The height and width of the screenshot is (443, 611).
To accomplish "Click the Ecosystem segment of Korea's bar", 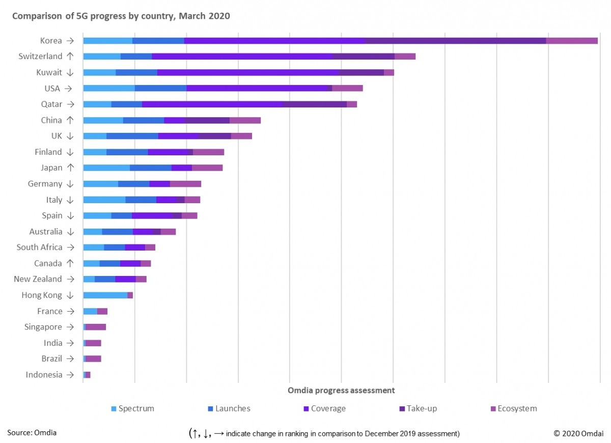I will coord(572,41).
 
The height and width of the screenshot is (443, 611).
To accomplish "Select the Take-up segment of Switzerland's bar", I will coord(364,57).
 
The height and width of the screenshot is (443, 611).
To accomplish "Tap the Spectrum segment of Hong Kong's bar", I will coord(105,295).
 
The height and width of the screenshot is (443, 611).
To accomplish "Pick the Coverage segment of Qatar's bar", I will coord(212,104).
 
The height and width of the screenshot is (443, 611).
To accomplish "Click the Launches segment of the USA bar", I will coord(161,89).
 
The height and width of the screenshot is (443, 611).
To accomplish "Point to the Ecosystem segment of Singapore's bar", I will coord(96,327).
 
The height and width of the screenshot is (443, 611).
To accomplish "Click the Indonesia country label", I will coord(44,375).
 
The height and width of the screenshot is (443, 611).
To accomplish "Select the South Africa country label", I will coord(39,247).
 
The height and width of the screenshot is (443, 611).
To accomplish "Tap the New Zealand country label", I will coord(38,279).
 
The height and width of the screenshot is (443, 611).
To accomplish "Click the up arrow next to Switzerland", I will coord(70,57).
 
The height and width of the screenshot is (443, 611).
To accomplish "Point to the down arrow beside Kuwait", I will coord(70,72).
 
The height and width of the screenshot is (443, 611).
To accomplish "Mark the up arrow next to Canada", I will coord(70,263).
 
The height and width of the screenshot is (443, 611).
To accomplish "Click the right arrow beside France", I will coord(71,311).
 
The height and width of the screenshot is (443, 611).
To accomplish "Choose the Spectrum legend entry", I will coord(132,408).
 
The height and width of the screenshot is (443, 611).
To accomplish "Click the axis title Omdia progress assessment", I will coord(341,391).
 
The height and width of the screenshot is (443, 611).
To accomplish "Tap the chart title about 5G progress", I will coord(121,16).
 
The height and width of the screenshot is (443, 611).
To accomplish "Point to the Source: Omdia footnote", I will coord(32,433).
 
